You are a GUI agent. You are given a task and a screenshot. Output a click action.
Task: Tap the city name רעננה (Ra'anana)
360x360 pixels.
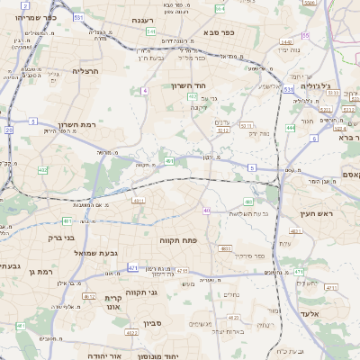[x=142, y=20]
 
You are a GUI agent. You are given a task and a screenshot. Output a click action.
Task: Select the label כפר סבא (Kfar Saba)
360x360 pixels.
[x=220, y=32]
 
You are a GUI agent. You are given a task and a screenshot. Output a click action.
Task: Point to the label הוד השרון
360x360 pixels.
[x=188, y=85]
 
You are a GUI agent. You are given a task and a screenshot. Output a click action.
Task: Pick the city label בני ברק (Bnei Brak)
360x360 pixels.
[x=61, y=238]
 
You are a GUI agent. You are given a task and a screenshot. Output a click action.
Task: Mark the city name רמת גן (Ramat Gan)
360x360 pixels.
[x=40, y=271]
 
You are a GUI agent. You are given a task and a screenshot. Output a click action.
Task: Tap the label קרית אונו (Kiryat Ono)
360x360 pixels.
[x=112, y=302]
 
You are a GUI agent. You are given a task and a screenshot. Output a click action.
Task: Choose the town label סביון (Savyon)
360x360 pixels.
[x=151, y=321]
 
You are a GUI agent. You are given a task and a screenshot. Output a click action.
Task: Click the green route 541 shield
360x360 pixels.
[x=150, y=31]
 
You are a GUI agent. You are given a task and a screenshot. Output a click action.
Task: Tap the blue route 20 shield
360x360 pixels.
[x=8, y=130]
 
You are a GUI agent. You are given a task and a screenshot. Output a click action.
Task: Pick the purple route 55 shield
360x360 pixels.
[x=306, y=35]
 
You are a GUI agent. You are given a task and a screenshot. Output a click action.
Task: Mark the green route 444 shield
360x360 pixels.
[x=290, y=128]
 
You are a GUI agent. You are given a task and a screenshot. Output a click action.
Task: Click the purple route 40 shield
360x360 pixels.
[x=206, y=210]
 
